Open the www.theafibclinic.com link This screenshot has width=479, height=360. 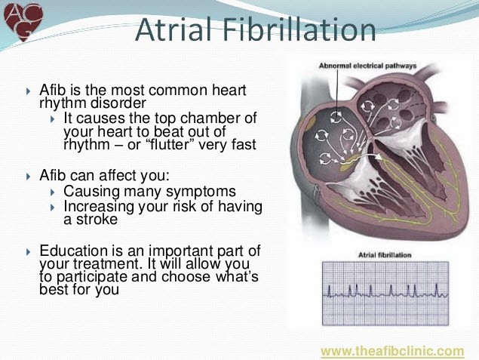point(391,351)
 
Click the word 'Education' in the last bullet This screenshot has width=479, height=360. point(76,251)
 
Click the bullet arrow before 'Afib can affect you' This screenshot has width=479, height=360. point(29,176)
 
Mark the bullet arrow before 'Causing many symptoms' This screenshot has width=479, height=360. point(52,192)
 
